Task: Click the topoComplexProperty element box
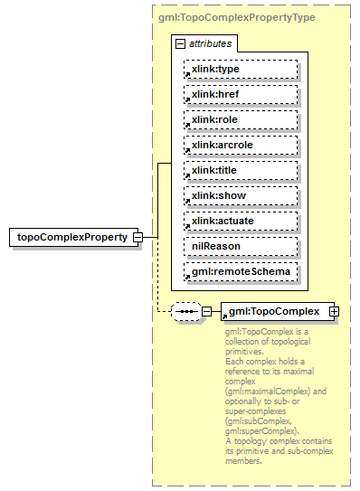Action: pyautogui.click(x=73, y=238)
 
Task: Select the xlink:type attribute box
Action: pyautogui.click(x=240, y=69)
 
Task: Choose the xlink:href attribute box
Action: pyautogui.click(x=240, y=94)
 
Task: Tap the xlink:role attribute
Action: pyautogui.click(x=240, y=119)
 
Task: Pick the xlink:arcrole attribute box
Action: pyautogui.click(x=240, y=145)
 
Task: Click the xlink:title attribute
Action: pyautogui.click(x=240, y=170)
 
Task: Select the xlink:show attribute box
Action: pyautogui.click(x=240, y=195)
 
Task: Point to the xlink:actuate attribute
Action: pyautogui.click(x=240, y=221)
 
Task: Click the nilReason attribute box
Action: pyautogui.click(x=240, y=246)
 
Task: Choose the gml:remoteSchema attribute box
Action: pyautogui.click(x=240, y=271)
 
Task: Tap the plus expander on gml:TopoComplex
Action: pyautogui.click(x=335, y=311)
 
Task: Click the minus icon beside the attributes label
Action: pyautogui.click(x=181, y=43)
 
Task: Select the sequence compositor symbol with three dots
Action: pyautogui.click(x=186, y=311)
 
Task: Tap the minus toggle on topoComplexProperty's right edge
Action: pyautogui.click(x=137, y=238)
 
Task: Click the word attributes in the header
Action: pyautogui.click(x=210, y=43)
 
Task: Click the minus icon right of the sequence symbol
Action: pyautogui.click(x=207, y=311)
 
